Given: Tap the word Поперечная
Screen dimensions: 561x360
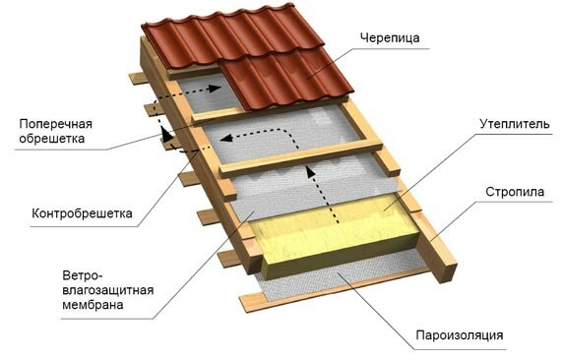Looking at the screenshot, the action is pos(51,123).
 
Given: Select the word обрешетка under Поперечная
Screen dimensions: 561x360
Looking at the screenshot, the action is pos(51,139).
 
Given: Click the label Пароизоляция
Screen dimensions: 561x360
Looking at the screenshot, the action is pos(460,335).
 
